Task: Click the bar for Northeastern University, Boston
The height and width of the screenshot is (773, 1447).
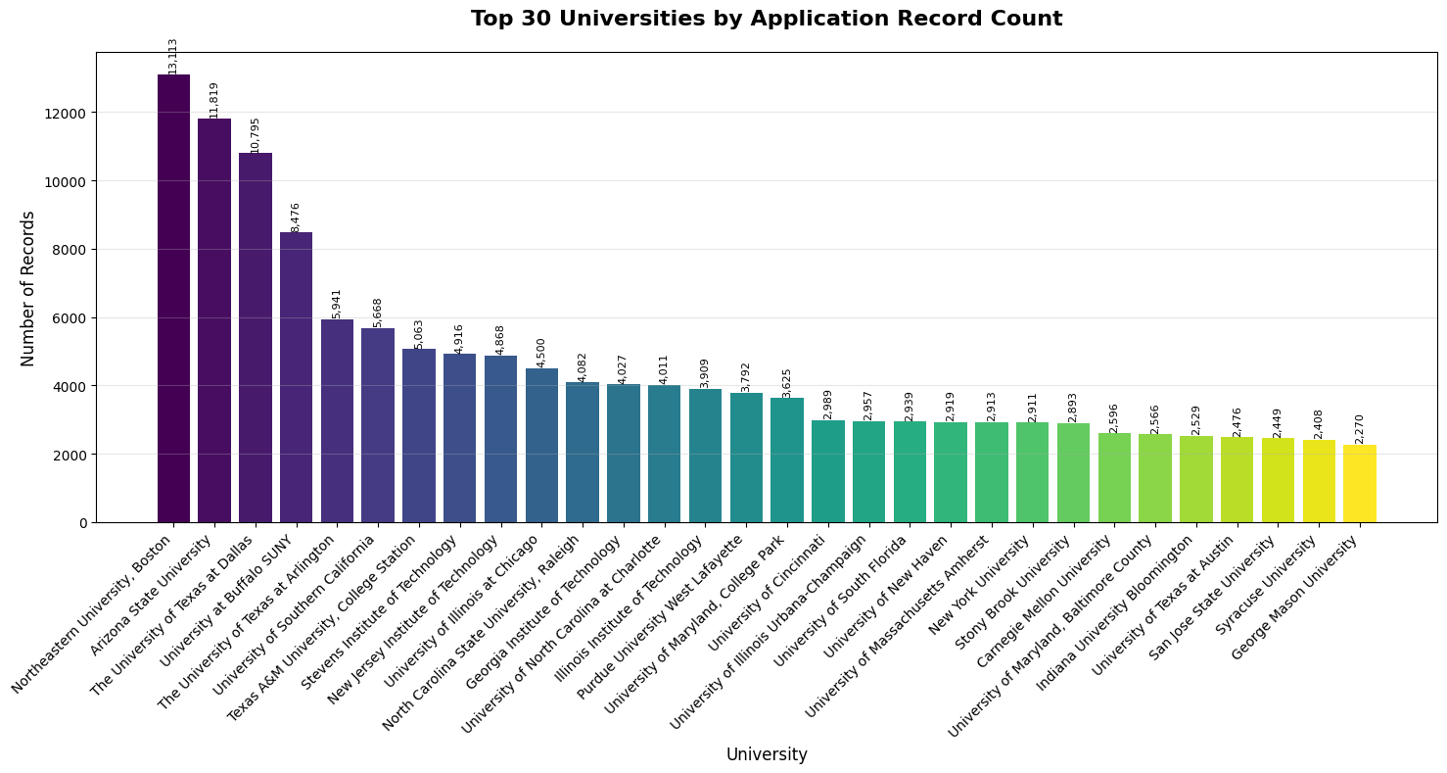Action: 173,298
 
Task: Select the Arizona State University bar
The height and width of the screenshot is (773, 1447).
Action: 214,320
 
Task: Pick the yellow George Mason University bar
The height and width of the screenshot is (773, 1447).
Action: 1359,484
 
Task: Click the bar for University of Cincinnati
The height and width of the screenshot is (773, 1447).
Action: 827,471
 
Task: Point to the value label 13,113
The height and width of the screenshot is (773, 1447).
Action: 173,56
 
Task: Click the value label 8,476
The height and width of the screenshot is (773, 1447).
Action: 296,217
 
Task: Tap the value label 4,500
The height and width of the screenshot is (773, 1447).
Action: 541,353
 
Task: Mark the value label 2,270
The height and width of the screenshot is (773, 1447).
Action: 1360,429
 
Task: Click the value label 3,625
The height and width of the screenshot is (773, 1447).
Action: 787,382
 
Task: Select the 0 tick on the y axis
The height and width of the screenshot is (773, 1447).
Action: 82,522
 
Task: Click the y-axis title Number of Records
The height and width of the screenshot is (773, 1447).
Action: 28,288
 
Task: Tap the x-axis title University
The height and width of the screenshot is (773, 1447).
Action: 767,754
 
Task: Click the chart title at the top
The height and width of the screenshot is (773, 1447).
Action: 767,19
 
